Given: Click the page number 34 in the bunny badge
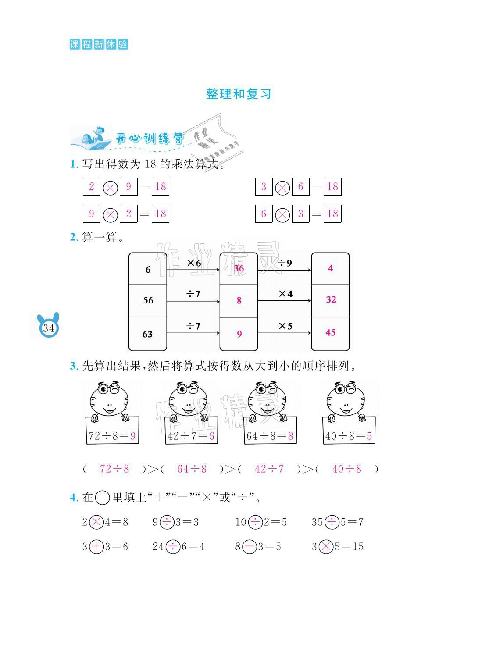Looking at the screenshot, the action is point(48,328).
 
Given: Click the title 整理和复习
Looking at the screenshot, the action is point(239,94).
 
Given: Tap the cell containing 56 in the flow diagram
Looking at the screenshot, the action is point(148,300).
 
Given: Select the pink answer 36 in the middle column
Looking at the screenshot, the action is point(239,268).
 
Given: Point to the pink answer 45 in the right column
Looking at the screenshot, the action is point(330,332).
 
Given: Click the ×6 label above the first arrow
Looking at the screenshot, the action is point(194,263).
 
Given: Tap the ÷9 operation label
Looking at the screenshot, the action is point(285,263).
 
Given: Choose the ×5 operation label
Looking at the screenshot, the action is point(285,326).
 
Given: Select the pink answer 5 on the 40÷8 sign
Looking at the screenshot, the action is point(369,436).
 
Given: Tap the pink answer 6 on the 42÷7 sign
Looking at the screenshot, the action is point(212,436).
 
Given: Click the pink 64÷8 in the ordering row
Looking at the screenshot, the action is point(192,469).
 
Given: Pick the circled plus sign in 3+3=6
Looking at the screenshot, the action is point(96,546).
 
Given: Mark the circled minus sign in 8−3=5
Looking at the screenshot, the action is point(249,546).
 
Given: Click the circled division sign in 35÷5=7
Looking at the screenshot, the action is point(332,522).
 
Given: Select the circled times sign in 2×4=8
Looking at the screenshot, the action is point(96,522).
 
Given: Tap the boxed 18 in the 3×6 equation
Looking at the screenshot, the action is point(332,187).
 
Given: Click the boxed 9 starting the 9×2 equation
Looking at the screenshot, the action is point(91,214).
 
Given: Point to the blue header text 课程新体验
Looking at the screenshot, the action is point(99,44).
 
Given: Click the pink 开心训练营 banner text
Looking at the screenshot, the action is point(149,139).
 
